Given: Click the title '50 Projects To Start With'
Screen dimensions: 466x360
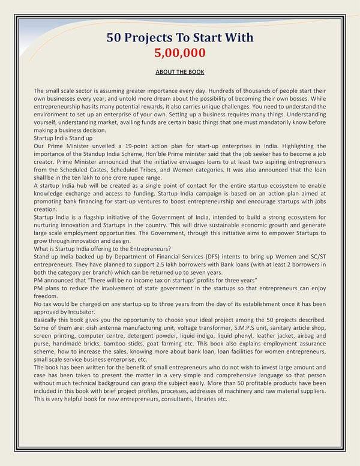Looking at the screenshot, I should [180, 37].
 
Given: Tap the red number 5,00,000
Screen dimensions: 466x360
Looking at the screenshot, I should [180, 53].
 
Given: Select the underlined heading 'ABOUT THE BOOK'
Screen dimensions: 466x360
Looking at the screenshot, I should [180, 72].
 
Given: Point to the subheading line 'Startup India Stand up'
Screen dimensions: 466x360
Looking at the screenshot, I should [64, 138].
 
